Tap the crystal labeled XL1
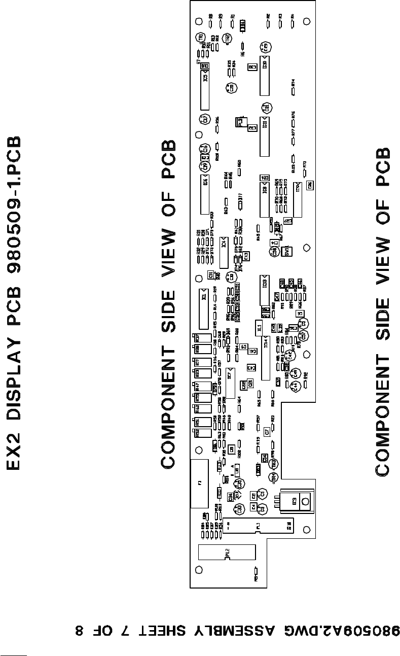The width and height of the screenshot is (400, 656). pyautogui.click(x=259, y=327)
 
